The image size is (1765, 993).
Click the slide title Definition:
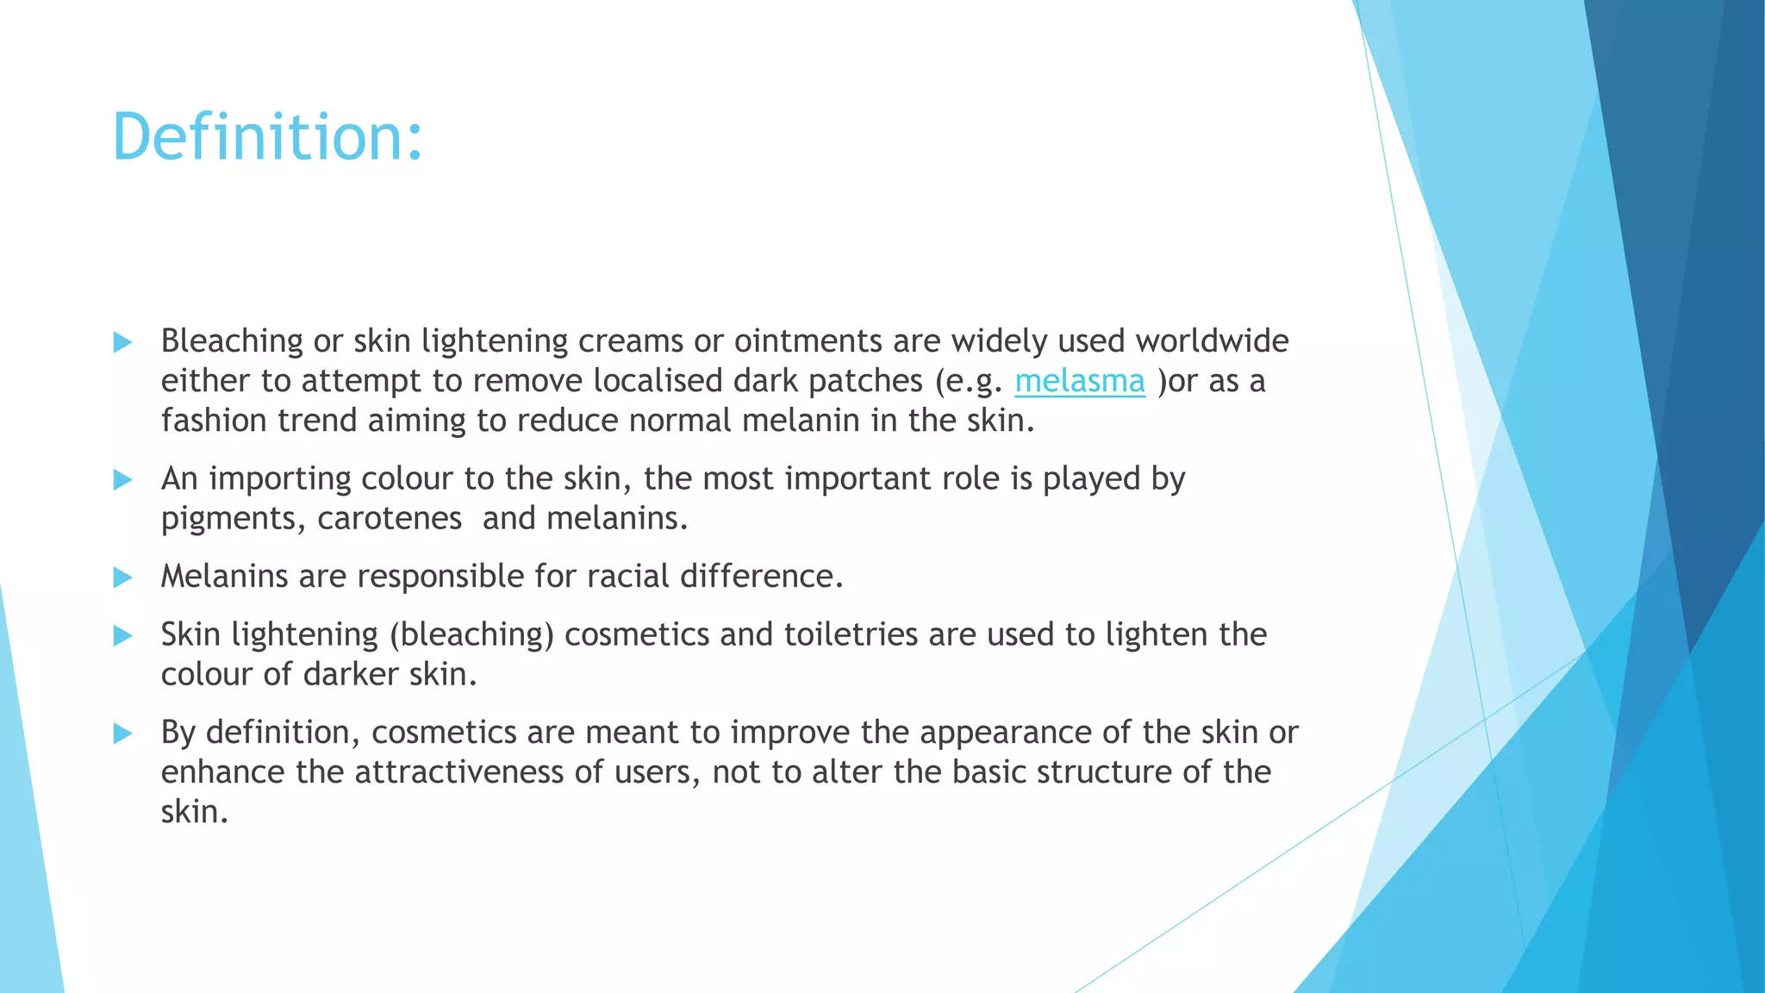click(x=267, y=137)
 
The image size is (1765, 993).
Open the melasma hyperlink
click(x=1079, y=381)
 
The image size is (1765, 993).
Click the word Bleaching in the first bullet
click(x=231, y=341)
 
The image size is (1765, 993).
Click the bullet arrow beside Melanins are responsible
click(x=122, y=577)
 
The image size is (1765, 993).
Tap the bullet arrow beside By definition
click(x=122, y=734)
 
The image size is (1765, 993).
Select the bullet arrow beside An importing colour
click(x=122, y=479)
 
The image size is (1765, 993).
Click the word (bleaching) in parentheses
click(x=471, y=635)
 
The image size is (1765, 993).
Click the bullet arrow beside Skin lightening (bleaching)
click(x=122, y=636)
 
